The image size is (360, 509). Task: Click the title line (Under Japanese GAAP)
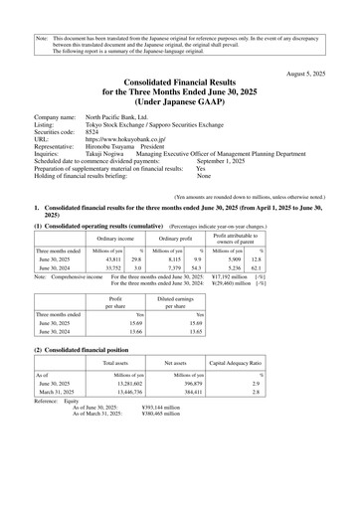[179, 100]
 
